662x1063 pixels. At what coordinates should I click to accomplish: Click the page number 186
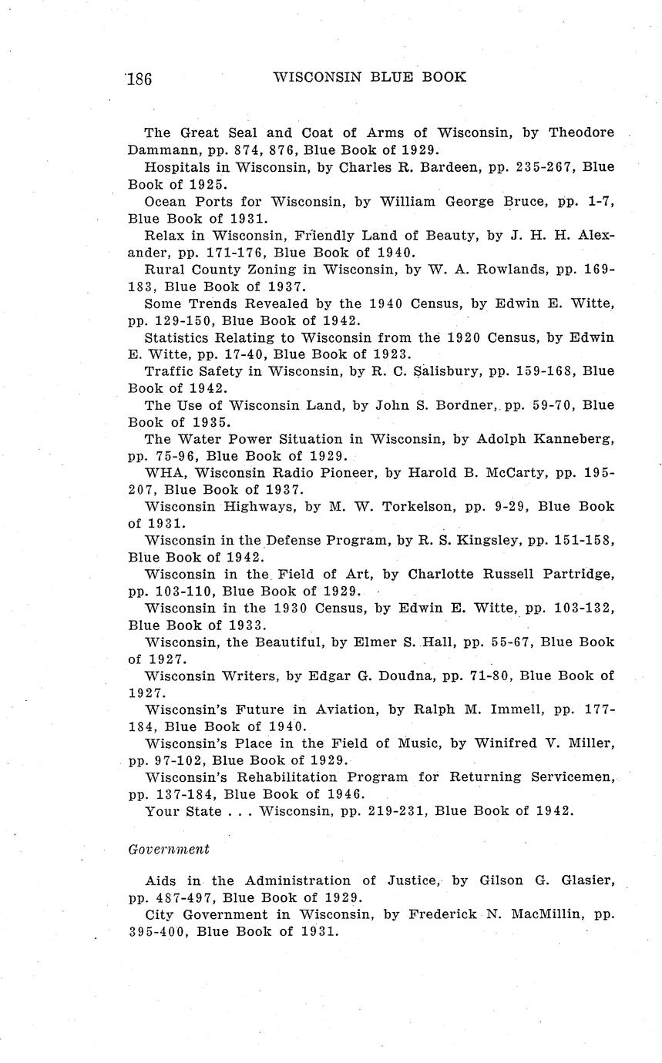tap(139, 79)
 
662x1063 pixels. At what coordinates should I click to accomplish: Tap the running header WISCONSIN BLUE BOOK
tap(370, 77)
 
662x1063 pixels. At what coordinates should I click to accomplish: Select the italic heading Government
tap(169, 849)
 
